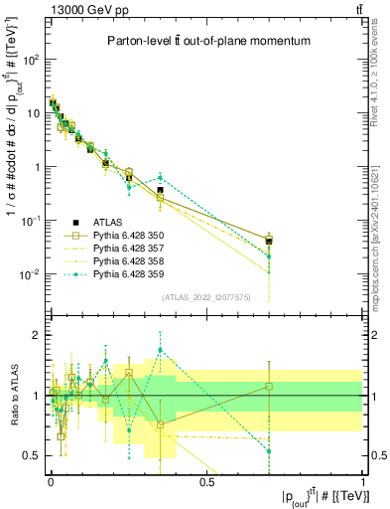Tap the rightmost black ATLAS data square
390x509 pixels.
269,241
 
